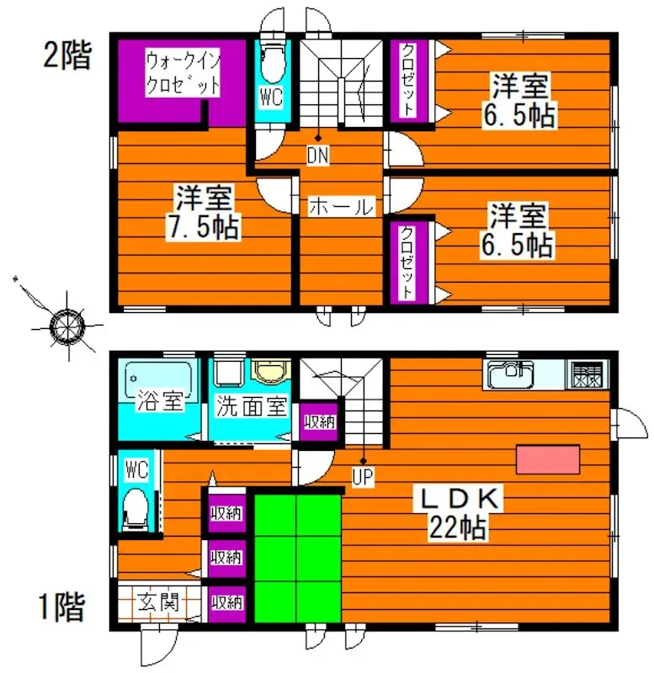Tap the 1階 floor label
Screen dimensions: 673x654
(x=61, y=606)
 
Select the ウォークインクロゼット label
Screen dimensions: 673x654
(x=183, y=73)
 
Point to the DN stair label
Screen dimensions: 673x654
(x=317, y=155)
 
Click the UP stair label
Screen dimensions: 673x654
(x=363, y=477)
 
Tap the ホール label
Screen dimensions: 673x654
(x=340, y=207)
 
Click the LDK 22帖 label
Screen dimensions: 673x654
(x=462, y=513)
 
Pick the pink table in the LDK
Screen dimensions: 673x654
(x=548, y=461)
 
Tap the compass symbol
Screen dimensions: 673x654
(x=64, y=325)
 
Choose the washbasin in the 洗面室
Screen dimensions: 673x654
(x=272, y=372)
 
